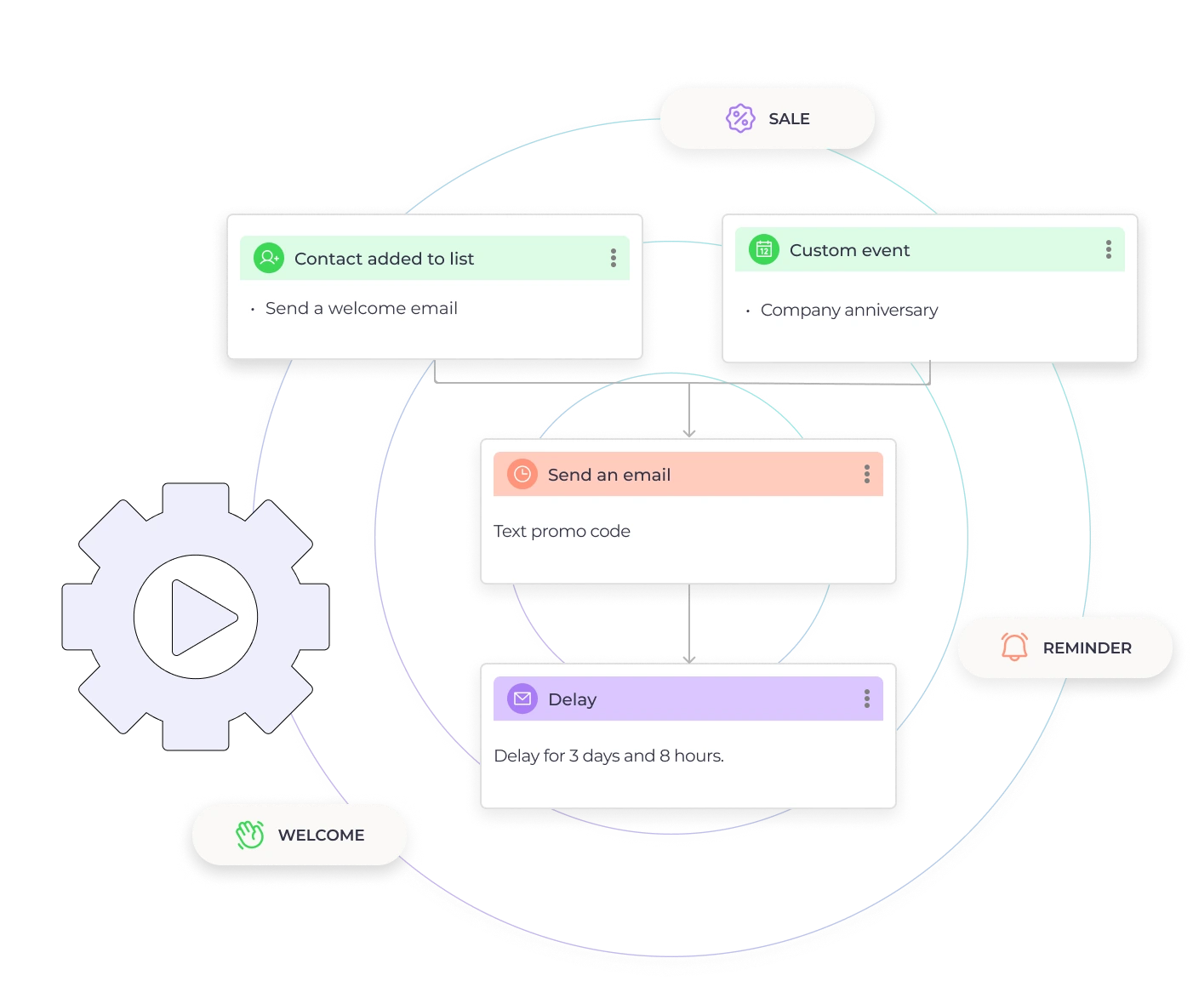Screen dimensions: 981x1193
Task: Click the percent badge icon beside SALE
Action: [740, 118]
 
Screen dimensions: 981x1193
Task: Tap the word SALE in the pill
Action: [789, 119]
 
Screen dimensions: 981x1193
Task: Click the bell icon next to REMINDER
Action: [1014, 647]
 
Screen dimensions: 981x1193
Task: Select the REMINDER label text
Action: [1087, 648]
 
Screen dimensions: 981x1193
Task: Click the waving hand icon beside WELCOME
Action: [250, 835]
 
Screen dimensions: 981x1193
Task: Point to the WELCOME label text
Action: [321, 836]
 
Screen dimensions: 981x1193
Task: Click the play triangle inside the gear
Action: [202, 618]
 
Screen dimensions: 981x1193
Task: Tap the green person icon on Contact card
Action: [268, 258]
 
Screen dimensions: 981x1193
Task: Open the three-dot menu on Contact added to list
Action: [614, 259]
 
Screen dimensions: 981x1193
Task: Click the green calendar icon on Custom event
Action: [764, 249]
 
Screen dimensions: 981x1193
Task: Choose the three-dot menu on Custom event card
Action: [1108, 249]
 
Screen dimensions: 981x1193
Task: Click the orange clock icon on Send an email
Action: [522, 474]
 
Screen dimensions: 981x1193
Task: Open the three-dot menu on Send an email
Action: [867, 474]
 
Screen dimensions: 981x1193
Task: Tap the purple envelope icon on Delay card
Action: [522, 699]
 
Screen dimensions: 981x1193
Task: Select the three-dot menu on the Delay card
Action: [867, 699]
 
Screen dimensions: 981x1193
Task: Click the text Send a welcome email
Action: [361, 308]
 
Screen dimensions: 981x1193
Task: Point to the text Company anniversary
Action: [848, 311]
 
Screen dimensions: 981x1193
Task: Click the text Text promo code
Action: [562, 532]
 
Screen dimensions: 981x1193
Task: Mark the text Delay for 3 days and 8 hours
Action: [608, 756]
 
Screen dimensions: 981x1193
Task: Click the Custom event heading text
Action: [849, 250]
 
